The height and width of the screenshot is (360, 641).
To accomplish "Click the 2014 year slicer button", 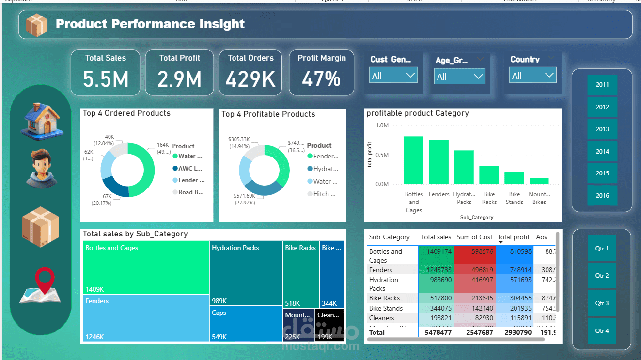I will [602, 151].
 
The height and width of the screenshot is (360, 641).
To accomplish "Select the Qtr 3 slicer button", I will [602, 303].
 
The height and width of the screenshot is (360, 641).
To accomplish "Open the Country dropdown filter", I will [532, 76].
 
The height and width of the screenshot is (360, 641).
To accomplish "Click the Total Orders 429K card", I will [250, 73].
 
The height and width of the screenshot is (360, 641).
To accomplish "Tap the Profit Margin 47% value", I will [321, 78].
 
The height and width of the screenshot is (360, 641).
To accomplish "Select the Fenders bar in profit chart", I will [438, 162].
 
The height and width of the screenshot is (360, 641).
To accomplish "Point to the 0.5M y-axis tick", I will [382, 155].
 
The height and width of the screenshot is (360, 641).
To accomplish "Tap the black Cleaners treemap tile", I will [329, 325].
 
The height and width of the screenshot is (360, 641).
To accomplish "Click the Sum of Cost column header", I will [474, 237].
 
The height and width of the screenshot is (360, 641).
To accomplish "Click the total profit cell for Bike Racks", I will [514, 298].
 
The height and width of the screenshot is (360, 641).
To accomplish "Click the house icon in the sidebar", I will [41, 119].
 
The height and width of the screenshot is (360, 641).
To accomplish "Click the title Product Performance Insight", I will [150, 24].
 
